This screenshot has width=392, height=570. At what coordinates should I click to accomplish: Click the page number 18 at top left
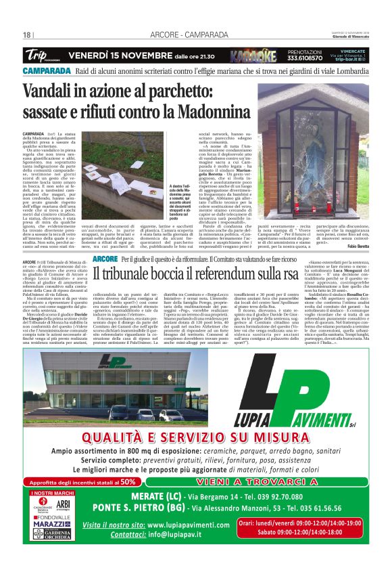point(27,35)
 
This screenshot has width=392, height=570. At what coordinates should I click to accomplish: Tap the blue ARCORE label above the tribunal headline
point(105,259)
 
